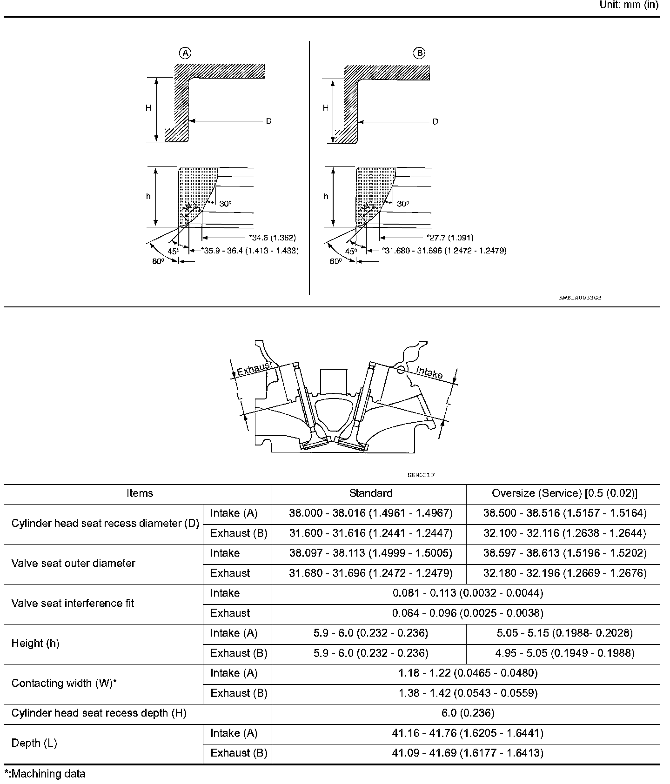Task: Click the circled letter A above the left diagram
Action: click(x=186, y=53)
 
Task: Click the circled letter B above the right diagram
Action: click(x=419, y=53)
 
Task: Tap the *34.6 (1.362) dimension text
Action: click(x=273, y=238)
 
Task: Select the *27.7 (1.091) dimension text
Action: click(x=450, y=238)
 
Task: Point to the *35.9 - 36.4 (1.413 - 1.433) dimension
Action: click(x=250, y=251)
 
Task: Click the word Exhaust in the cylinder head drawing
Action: click(x=255, y=369)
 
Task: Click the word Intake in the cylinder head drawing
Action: click(x=429, y=372)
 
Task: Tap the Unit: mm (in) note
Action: click(x=629, y=5)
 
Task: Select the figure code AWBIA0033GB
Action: click(x=580, y=298)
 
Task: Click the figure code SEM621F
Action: click(x=421, y=475)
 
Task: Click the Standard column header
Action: click(x=370, y=493)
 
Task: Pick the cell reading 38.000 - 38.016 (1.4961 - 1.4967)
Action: click(x=370, y=513)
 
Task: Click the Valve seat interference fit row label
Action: click(x=73, y=603)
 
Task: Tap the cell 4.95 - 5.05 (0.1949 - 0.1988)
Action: click(x=564, y=653)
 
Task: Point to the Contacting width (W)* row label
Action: click(x=64, y=683)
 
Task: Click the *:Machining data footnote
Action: click(x=45, y=774)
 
